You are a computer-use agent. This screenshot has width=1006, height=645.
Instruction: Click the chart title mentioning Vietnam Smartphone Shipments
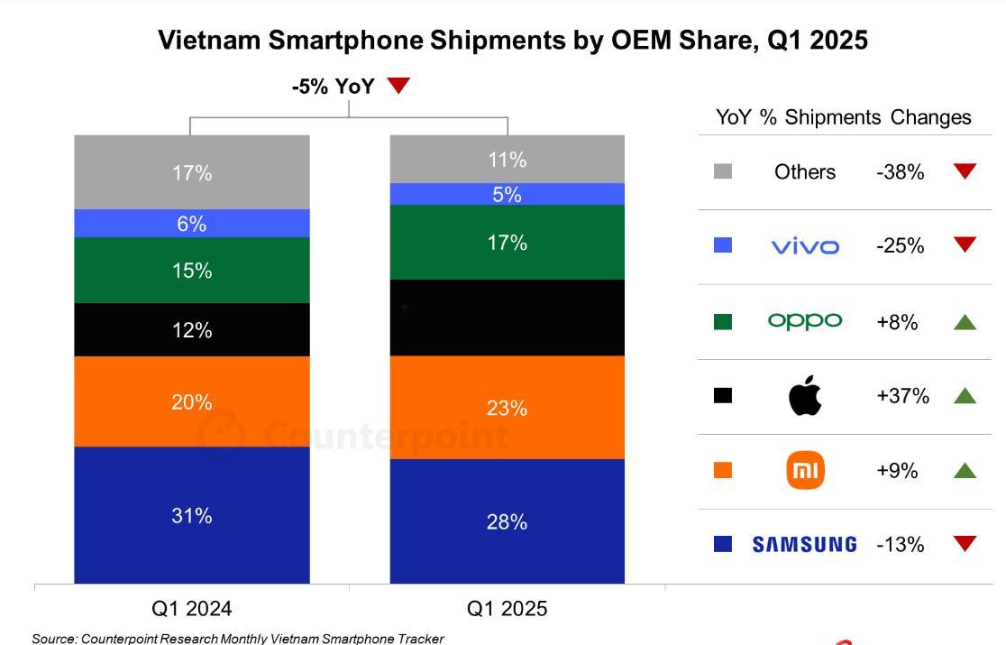click(512, 40)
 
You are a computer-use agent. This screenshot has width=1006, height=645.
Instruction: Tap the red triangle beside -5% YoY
click(398, 86)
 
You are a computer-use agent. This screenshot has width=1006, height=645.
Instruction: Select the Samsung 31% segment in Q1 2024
click(192, 515)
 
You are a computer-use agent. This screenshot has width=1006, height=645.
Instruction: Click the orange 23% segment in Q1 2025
click(507, 408)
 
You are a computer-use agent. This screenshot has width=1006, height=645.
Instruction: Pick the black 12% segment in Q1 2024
click(192, 330)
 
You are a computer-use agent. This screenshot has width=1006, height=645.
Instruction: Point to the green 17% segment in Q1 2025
click(507, 242)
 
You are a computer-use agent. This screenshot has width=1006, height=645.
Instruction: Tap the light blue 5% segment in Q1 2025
click(507, 194)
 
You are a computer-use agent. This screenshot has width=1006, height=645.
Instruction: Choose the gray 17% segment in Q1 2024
click(192, 172)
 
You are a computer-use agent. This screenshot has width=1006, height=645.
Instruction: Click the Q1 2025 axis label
click(507, 609)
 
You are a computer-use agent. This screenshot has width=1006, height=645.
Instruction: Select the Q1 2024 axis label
click(192, 609)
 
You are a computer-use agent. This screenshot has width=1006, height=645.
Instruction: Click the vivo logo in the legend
click(805, 246)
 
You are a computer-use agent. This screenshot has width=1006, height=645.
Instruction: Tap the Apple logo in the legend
click(805, 396)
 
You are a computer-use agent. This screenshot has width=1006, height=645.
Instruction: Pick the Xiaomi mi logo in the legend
click(805, 471)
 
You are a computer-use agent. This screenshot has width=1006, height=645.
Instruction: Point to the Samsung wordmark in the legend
click(804, 544)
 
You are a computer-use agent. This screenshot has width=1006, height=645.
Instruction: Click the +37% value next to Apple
click(902, 396)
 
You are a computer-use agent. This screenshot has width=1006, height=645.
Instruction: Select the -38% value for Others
click(900, 172)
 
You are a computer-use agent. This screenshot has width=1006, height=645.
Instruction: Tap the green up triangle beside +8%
click(965, 322)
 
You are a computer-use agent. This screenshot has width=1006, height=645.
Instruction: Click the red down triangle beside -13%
click(965, 543)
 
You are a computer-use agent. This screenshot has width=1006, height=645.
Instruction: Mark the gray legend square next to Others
click(723, 171)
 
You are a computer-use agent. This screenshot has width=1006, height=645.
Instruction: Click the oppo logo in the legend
click(805, 321)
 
